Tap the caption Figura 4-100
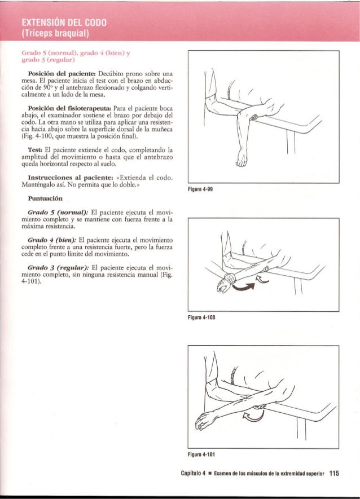coord(204,317)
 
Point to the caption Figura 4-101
coord(204,453)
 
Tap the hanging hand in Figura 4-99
coord(242,160)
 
